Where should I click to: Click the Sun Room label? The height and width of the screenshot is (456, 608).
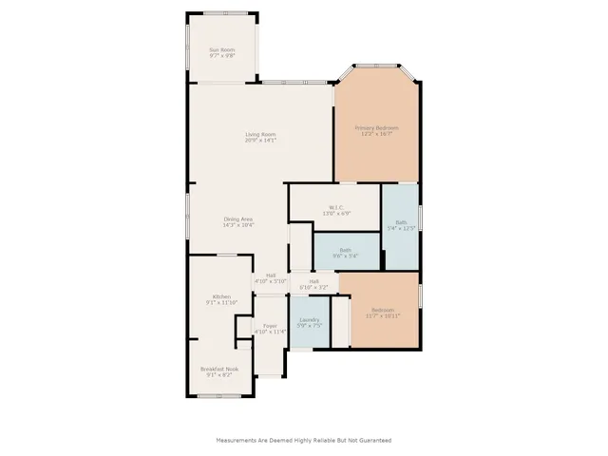click(221, 49)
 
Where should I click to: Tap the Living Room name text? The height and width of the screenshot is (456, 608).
click(260, 134)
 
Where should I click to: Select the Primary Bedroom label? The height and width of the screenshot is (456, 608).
click(376, 127)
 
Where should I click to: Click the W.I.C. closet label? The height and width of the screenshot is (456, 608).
click(335, 207)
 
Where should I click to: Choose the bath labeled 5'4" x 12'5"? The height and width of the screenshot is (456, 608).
click(400, 223)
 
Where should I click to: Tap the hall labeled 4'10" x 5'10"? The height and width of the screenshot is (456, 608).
click(271, 275)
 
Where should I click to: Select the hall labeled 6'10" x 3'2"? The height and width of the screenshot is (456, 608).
click(313, 282)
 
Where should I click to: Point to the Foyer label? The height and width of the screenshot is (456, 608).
click(270, 326)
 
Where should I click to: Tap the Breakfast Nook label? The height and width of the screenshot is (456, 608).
click(219, 369)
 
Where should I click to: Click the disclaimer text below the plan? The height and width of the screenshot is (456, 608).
click(304, 440)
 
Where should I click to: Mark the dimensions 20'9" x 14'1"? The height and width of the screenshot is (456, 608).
click(260, 140)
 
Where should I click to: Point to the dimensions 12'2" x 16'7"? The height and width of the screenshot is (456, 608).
click(376, 133)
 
